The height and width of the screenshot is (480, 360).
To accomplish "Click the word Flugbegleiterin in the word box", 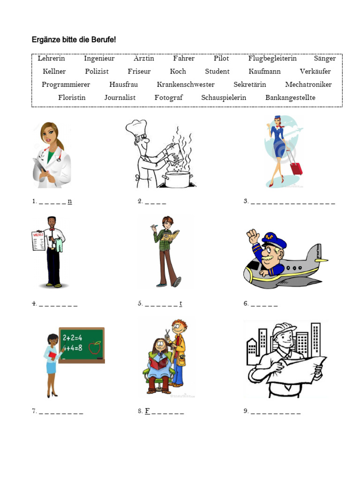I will [x=272, y=59].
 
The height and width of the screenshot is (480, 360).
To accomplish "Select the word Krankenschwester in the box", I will [x=186, y=85].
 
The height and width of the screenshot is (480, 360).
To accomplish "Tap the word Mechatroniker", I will [x=308, y=85].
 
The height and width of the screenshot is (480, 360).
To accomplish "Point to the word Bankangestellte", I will [x=290, y=98].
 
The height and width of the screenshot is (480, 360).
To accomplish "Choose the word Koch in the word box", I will [x=178, y=72].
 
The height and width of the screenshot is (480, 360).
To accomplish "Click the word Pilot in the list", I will [x=221, y=59].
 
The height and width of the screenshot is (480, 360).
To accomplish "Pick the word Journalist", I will [x=120, y=98].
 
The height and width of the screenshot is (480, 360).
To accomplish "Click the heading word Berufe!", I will [x=101, y=40].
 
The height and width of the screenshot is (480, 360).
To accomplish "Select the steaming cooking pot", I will [x=178, y=179].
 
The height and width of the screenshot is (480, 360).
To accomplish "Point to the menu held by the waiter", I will [x=38, y=240].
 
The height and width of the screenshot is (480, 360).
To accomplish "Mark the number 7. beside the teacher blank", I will [x=34, y=411].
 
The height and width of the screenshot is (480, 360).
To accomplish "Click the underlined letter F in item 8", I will [x=147, y=411].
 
